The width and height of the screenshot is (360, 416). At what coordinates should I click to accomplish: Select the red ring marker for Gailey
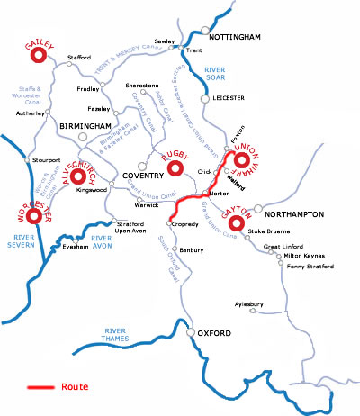(x=39, y=56)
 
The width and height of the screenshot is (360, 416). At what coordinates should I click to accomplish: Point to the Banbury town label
(x=192, y=249)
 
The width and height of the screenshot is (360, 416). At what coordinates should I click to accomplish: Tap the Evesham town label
(x=74, y=245)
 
